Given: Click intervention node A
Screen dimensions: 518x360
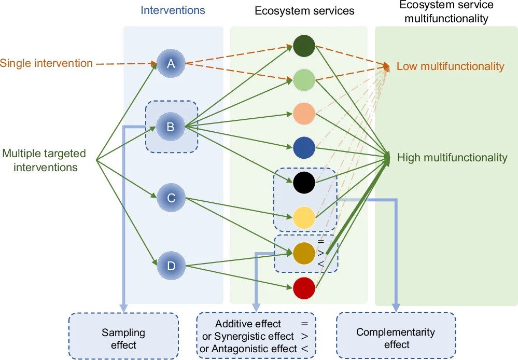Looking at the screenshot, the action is pyautogui.click(x=171, y=63).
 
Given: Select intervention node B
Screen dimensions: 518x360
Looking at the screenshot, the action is pyautogui.click(x=171, y=127).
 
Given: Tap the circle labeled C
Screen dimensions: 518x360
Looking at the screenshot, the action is pyautogui.click(x=171, y=198).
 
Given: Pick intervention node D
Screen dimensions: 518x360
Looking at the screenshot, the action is pyautogui.click(x=171, y=266).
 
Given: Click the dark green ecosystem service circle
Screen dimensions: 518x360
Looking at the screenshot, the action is pyautogui.click(x=304, y=46).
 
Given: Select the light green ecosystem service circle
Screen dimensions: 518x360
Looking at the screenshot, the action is pyautogui.click(x=304, y=80).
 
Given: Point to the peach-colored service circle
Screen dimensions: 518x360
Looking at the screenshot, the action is pyautogui.click(x=304, y=114).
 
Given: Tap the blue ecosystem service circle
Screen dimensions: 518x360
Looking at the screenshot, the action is pyautogui.click(x=304, y=148).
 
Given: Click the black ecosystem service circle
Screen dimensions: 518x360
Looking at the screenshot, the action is pyautogui.click(x=304, y=183).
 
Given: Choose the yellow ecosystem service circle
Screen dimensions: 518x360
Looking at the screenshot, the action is pyautogui.click(x=304, y=217).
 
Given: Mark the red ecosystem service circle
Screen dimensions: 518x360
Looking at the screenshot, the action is pyautogui.click(x=304, y=288).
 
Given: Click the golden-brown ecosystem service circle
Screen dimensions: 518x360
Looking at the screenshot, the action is pyautogui.click(x=304, y=254).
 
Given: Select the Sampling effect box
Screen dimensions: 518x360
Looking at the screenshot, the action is pyautogui.click(x=123, y=336).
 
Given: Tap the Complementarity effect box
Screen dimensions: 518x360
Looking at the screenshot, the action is pyautogui.click(x=396, y=335).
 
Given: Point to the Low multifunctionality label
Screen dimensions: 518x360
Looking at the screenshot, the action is pyautogui.click(x=450, y=66).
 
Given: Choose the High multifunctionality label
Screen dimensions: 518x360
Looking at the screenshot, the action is pyautogui.click(x=452, y=158).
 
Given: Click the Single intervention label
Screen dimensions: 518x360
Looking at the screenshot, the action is pyautogui.click(x=46, y=63).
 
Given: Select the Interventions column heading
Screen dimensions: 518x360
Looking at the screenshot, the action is pyautogui.click(x=173, y=10).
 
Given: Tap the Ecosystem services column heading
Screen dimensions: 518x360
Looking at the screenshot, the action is pyautogui.click(x=304, y=11).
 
